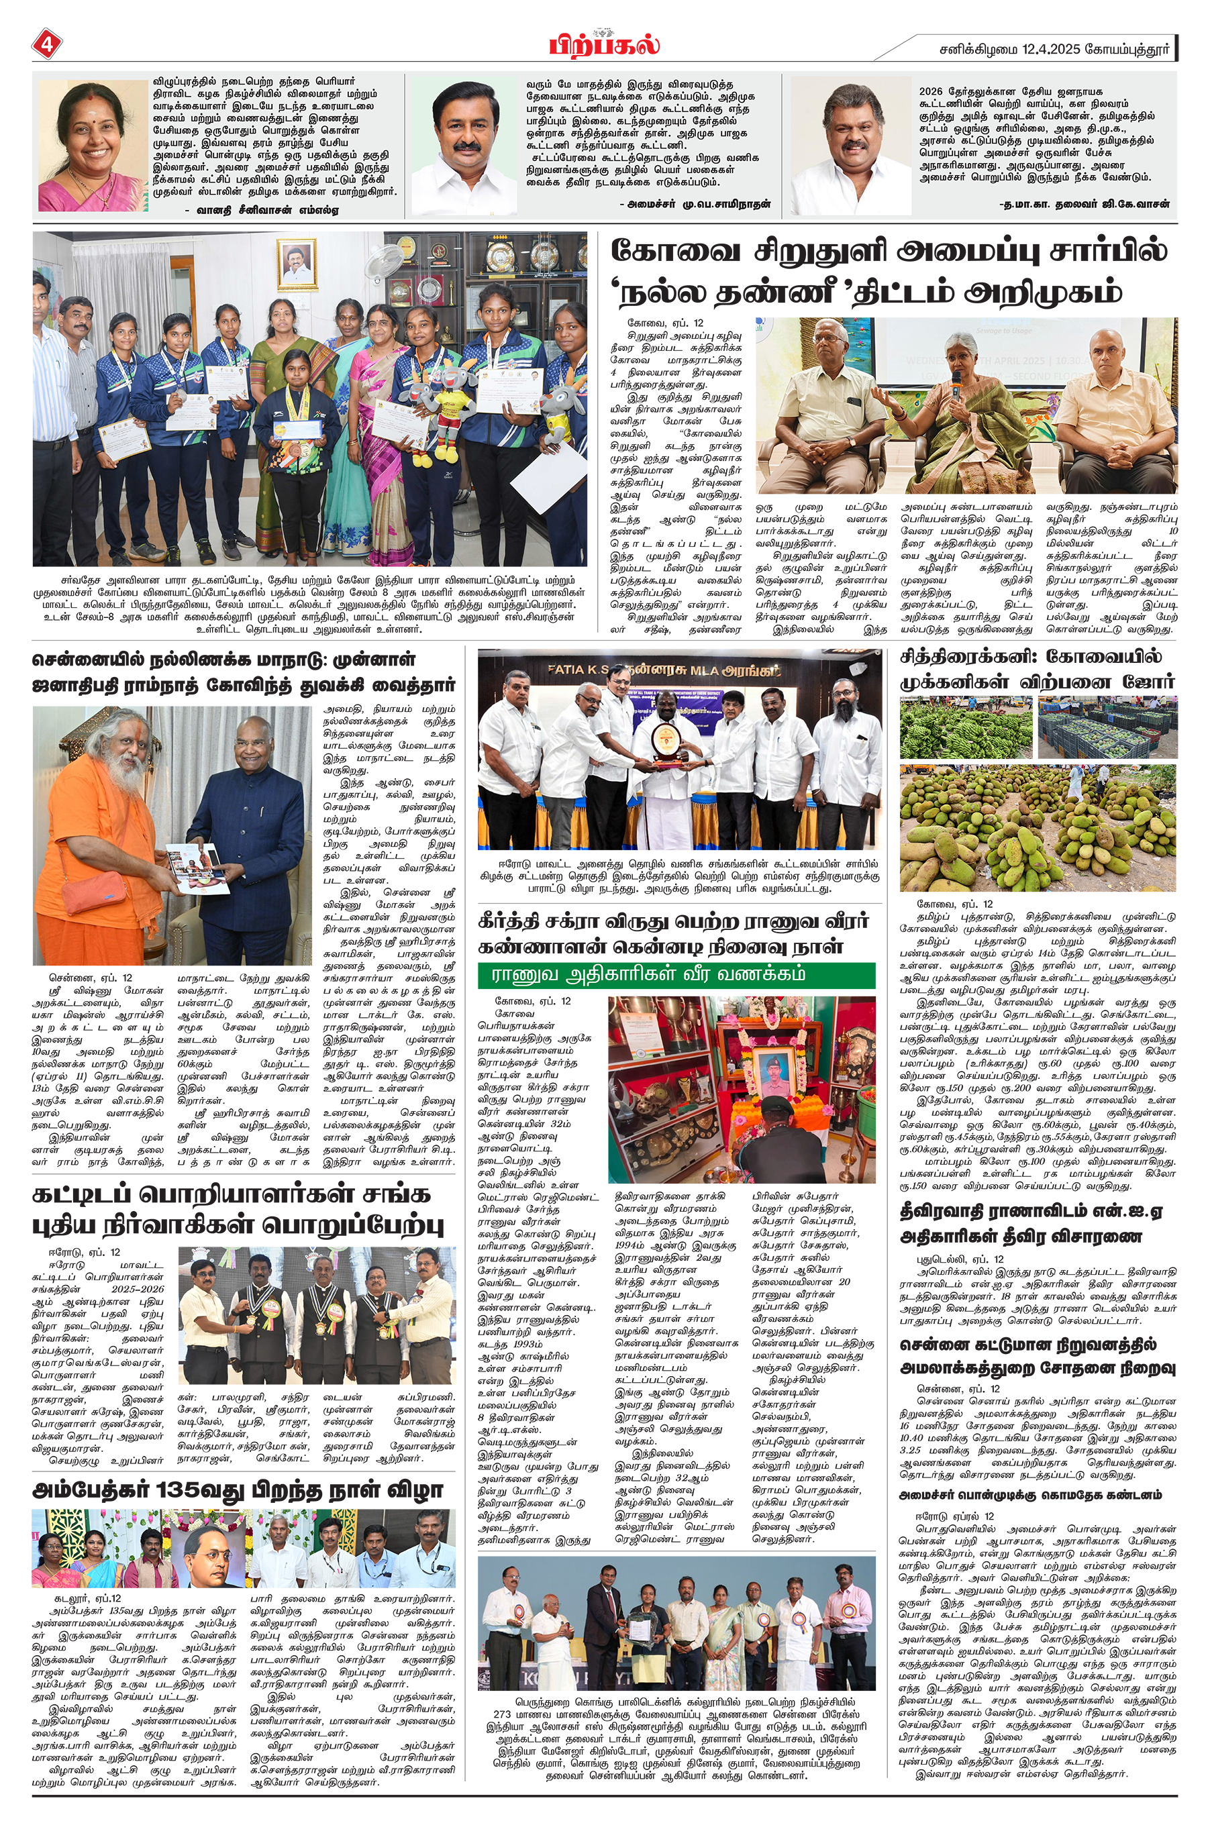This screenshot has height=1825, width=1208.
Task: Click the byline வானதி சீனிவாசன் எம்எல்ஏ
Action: coord(261,209)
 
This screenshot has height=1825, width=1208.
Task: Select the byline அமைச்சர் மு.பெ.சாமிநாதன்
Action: coord(694,204)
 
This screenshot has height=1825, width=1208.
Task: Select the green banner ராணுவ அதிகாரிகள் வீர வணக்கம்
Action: coord(676,975)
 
